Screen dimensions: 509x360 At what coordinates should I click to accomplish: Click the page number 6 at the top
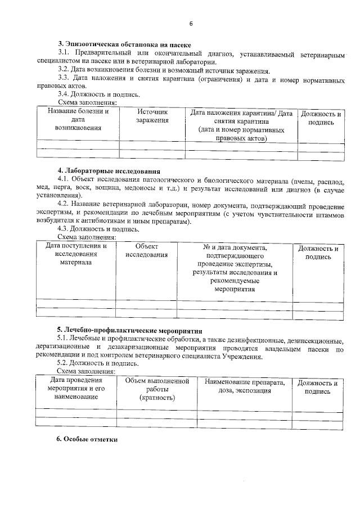pos(191,24)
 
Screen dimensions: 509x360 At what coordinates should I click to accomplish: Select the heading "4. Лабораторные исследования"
pos(109,170)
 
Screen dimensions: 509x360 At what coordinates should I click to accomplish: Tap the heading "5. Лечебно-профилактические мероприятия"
pos(129,330)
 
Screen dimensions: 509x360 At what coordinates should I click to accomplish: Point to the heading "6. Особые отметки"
pos(87,439)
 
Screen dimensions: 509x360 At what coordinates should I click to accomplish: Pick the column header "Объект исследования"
pos(147,251)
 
